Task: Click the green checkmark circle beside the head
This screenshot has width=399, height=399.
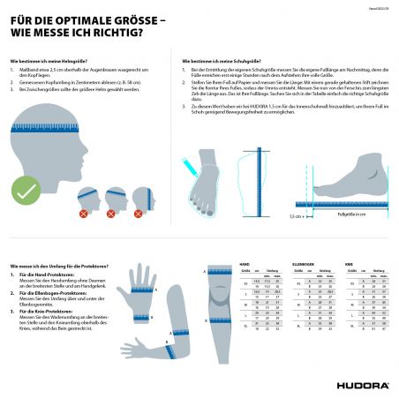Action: click(x=26, y=188)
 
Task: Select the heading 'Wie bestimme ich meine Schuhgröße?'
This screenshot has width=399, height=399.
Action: click(x=217, y=61)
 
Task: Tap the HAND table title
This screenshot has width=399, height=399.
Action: click(x=245, y=262)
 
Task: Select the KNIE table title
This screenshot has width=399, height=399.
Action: click(x=350, y=262)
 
